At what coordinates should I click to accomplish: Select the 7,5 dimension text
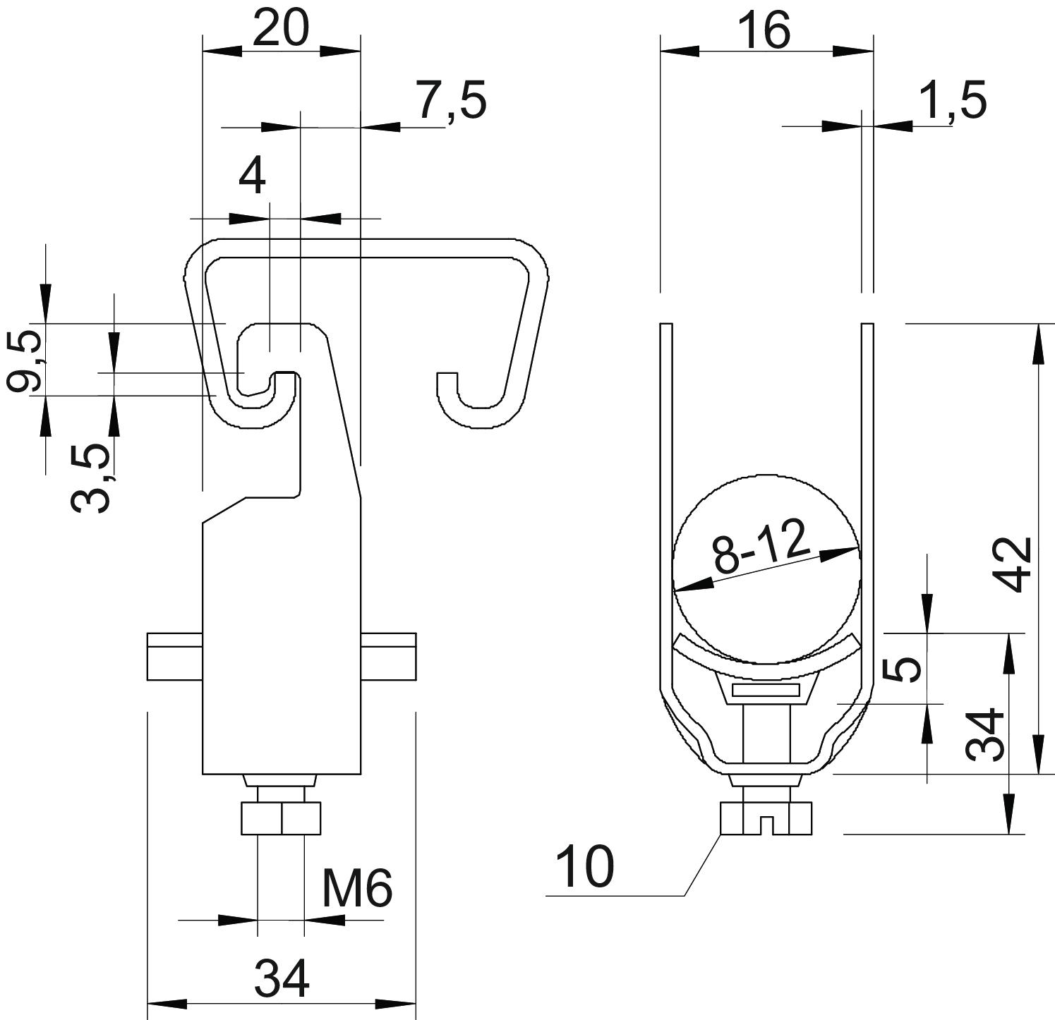[x=450, y=101]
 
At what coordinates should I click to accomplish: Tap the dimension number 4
[x=252, y=176]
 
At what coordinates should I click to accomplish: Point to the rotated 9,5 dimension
[x=23, y=362]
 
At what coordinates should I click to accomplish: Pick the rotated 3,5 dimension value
[x=92, y=478]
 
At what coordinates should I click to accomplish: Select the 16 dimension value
[x=766, y=32]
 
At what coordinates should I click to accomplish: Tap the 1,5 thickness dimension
[x=951, y=100]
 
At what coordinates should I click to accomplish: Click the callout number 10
[x=585, y=867]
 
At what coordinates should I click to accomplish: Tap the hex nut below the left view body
[x=281, y=818]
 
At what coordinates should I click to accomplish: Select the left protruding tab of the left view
[x=174, y=657]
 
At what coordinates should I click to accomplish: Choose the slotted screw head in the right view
[x=766, y=820]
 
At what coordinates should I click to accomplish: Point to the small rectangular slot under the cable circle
[x=766, y=690]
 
